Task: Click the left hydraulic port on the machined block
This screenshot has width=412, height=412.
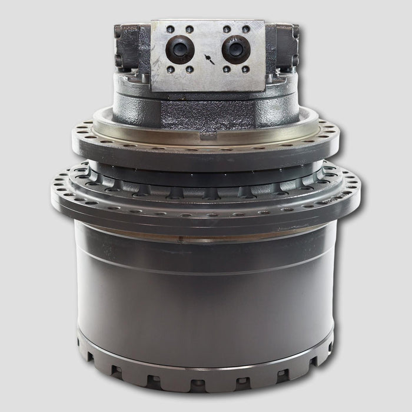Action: point(180,49)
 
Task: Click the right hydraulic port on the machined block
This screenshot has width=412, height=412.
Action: point(236,49)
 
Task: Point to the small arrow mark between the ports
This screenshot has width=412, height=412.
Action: point(208,58)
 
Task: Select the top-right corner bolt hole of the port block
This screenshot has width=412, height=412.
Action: point(246,29)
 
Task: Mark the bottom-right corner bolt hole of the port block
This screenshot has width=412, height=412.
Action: point(246,69)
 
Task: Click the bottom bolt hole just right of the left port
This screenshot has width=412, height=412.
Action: point(190,69)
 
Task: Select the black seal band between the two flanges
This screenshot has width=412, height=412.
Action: point(206,167)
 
